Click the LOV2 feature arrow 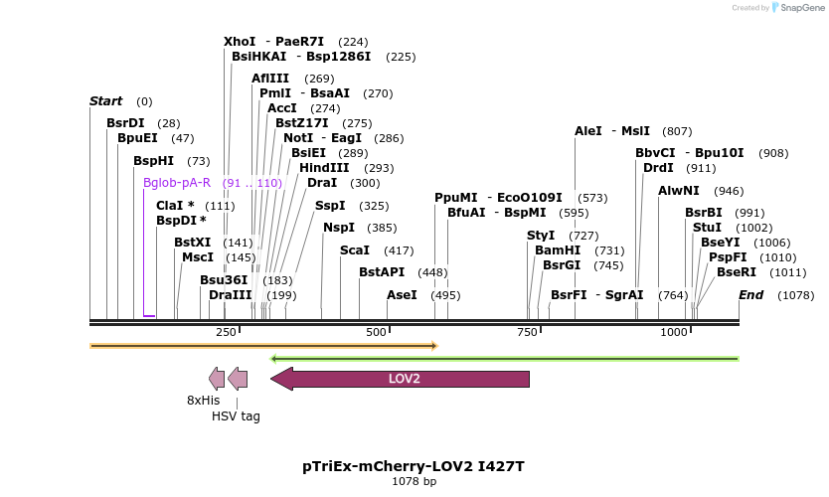coord(404,379)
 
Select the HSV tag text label coord(236,415)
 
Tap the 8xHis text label coord(203,400)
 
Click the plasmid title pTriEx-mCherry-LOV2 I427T coord(414,465)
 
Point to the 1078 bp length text coord(414,482)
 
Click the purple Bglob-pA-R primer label coord(177,183)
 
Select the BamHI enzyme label coord(557,250)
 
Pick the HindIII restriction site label coord(324,168)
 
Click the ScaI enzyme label coord(355,250)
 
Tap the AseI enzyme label coord(402,295)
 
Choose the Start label coord(105,101)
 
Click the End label coord(750,295)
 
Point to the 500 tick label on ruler coord(376,332)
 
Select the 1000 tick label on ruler coord(674,332)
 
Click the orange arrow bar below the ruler coord(263,346)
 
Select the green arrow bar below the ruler coord(505,358)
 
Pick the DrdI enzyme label coord(658,168)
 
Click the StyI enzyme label coord(541,236)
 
